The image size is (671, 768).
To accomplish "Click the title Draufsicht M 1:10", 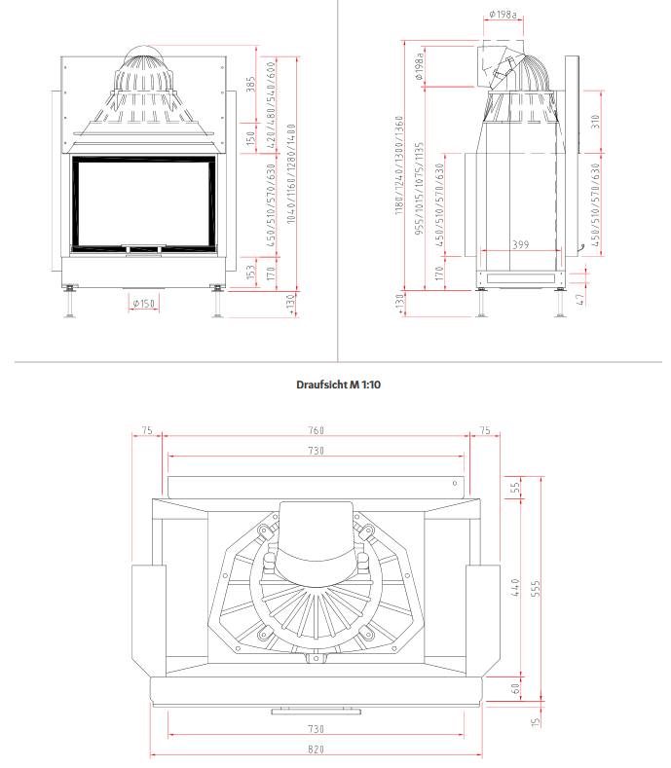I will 338,384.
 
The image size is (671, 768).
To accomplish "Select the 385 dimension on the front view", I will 250,85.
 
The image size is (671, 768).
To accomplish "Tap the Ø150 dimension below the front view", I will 143,304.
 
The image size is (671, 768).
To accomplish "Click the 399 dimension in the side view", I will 520,245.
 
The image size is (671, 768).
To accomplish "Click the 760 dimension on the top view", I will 316,430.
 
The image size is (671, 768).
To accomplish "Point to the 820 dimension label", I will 316,750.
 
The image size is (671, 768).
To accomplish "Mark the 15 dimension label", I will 535,722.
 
